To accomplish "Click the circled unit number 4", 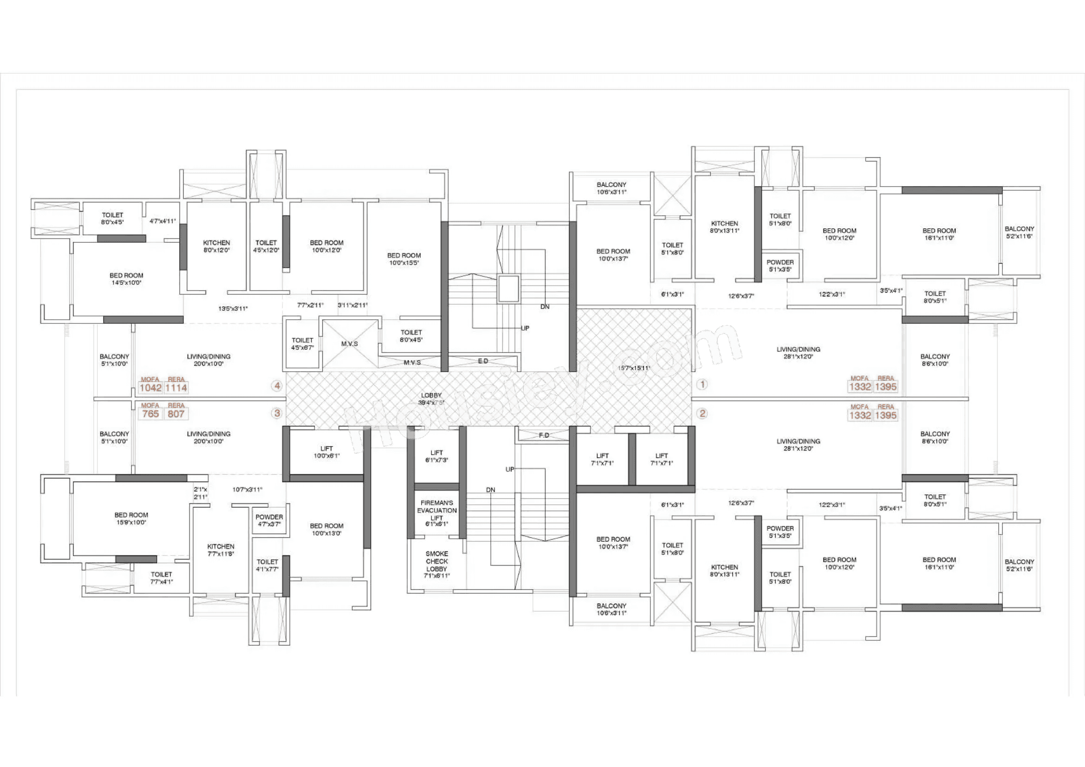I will pos(277,386).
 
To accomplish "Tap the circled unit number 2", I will pos(702,413).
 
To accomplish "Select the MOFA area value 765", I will pos(150,414).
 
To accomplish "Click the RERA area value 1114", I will pos(176,388).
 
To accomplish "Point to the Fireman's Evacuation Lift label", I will pos(437,513).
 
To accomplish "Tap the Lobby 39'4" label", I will pos(431,399).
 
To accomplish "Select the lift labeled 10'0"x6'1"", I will pos(326,452).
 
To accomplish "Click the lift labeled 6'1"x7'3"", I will pos(436,456).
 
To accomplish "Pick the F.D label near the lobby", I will pos(544,435).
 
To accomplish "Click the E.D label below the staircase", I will pos(482,361).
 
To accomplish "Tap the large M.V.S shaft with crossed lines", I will pos(350,343).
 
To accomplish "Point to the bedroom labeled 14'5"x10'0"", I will pos(126,279).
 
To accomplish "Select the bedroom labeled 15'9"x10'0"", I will pos(131,518).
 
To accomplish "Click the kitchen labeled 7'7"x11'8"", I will pos(220,549).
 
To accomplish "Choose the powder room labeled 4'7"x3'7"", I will pos(269,520).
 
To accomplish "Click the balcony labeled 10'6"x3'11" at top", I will pos(611,188).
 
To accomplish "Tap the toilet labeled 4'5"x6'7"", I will pos(302,343).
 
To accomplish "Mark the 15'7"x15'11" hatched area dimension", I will pos(633,367).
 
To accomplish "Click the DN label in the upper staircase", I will pos(545,307).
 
